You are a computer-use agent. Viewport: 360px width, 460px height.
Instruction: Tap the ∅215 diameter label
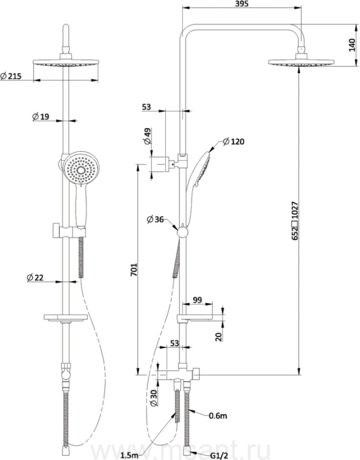point(11,76)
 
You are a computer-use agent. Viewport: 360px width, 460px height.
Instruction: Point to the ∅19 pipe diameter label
point(40,117)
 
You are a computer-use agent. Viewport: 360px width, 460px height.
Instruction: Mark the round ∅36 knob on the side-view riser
point(183,233)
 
